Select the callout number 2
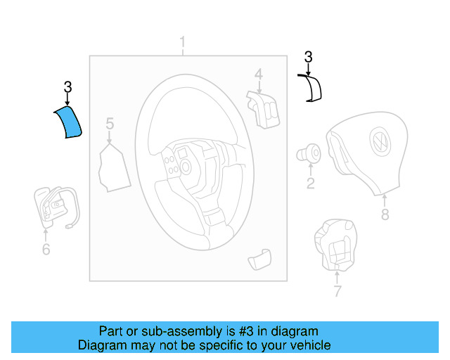click(309, 184)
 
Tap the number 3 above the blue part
click(67, 87)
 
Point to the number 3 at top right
click(308, 57)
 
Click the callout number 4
click(259, 74)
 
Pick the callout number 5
click(110, 124)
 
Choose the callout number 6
click(46, 249)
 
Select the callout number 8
click(385, 215)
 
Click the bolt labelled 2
click(309, 153)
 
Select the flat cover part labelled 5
click(112, 167)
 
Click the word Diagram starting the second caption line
click(101, 345)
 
